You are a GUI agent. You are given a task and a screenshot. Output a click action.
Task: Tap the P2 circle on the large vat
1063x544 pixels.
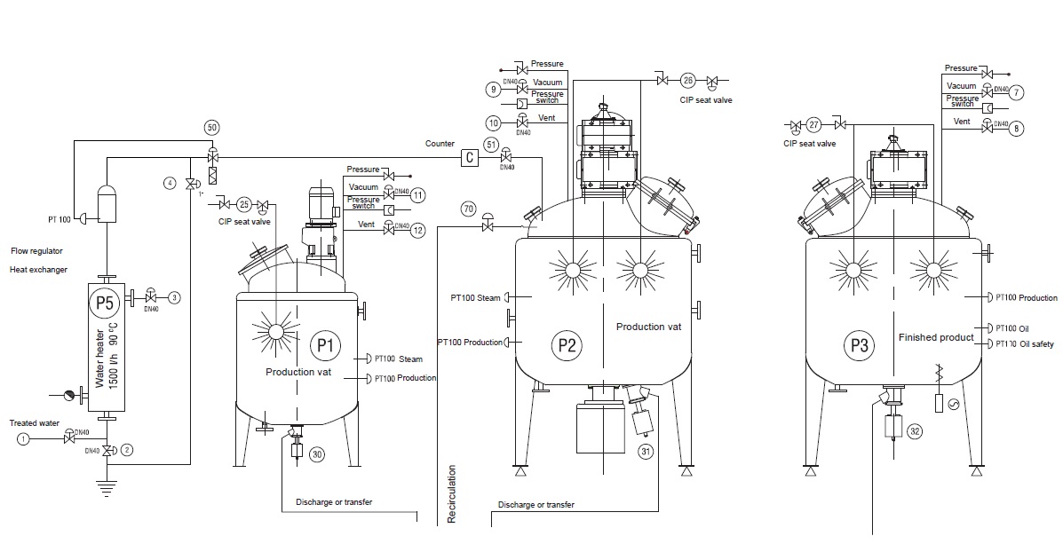tap(565, 344)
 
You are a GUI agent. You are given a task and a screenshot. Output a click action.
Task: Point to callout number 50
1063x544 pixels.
tap(211, 128)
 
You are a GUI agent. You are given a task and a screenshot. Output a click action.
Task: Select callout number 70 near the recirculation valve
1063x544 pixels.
tap(469, 209)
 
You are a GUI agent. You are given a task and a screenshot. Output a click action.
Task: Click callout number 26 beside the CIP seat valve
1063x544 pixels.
tap(688, 80)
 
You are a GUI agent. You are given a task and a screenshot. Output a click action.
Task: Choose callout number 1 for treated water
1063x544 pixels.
tap(24, 439)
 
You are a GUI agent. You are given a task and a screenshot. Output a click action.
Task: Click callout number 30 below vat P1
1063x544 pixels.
tap(317, 454)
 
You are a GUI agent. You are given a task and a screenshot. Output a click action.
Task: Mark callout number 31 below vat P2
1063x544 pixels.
tap(646, 453)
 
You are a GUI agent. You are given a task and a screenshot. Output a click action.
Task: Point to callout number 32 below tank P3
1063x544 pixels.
tap(915, 432)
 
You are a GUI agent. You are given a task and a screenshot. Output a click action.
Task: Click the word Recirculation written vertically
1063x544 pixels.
tap(451, 493)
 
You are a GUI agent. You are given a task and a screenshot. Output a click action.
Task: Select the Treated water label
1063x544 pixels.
tap(35, 423)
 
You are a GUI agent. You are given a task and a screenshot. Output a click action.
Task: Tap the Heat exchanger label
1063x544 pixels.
tap(38, 269)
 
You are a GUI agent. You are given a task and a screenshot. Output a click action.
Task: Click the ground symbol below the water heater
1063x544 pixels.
tap(108, 485)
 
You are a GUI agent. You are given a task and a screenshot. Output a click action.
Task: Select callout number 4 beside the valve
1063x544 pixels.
tap(169, 183)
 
